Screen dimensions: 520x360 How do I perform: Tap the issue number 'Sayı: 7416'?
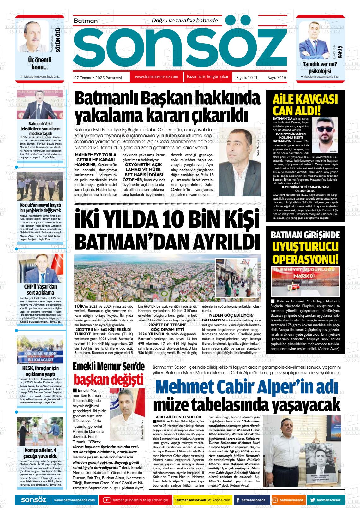pyautogui.click(x=277, y=77)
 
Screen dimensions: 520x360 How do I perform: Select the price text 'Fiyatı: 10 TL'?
pyautogui.click(x=247, y=77)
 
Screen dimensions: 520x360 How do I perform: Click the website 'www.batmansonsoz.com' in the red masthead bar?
pyautogui.click(x=156, y=77)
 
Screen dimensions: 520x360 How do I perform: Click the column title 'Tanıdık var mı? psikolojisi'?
pyautogui.click(x=320, y=67)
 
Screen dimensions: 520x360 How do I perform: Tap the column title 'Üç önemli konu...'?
pyautogui.click(x=39, y=63)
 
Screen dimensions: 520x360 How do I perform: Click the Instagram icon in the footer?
pyautogui.click(x=275, y=500)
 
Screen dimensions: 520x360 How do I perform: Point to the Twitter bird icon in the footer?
pyautogui.click(x=313, y=500)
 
